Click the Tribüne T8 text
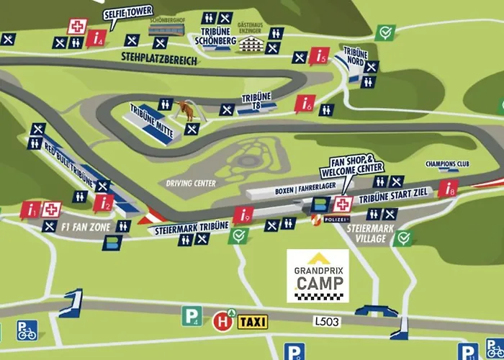click(x=256, y=101)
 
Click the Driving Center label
click(x=191, y=183)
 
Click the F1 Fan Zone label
click(x=85, y=227)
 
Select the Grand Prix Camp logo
click(x=318, y=276)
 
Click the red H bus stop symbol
click(x=220, y=320)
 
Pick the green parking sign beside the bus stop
click(x=191, y=315)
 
